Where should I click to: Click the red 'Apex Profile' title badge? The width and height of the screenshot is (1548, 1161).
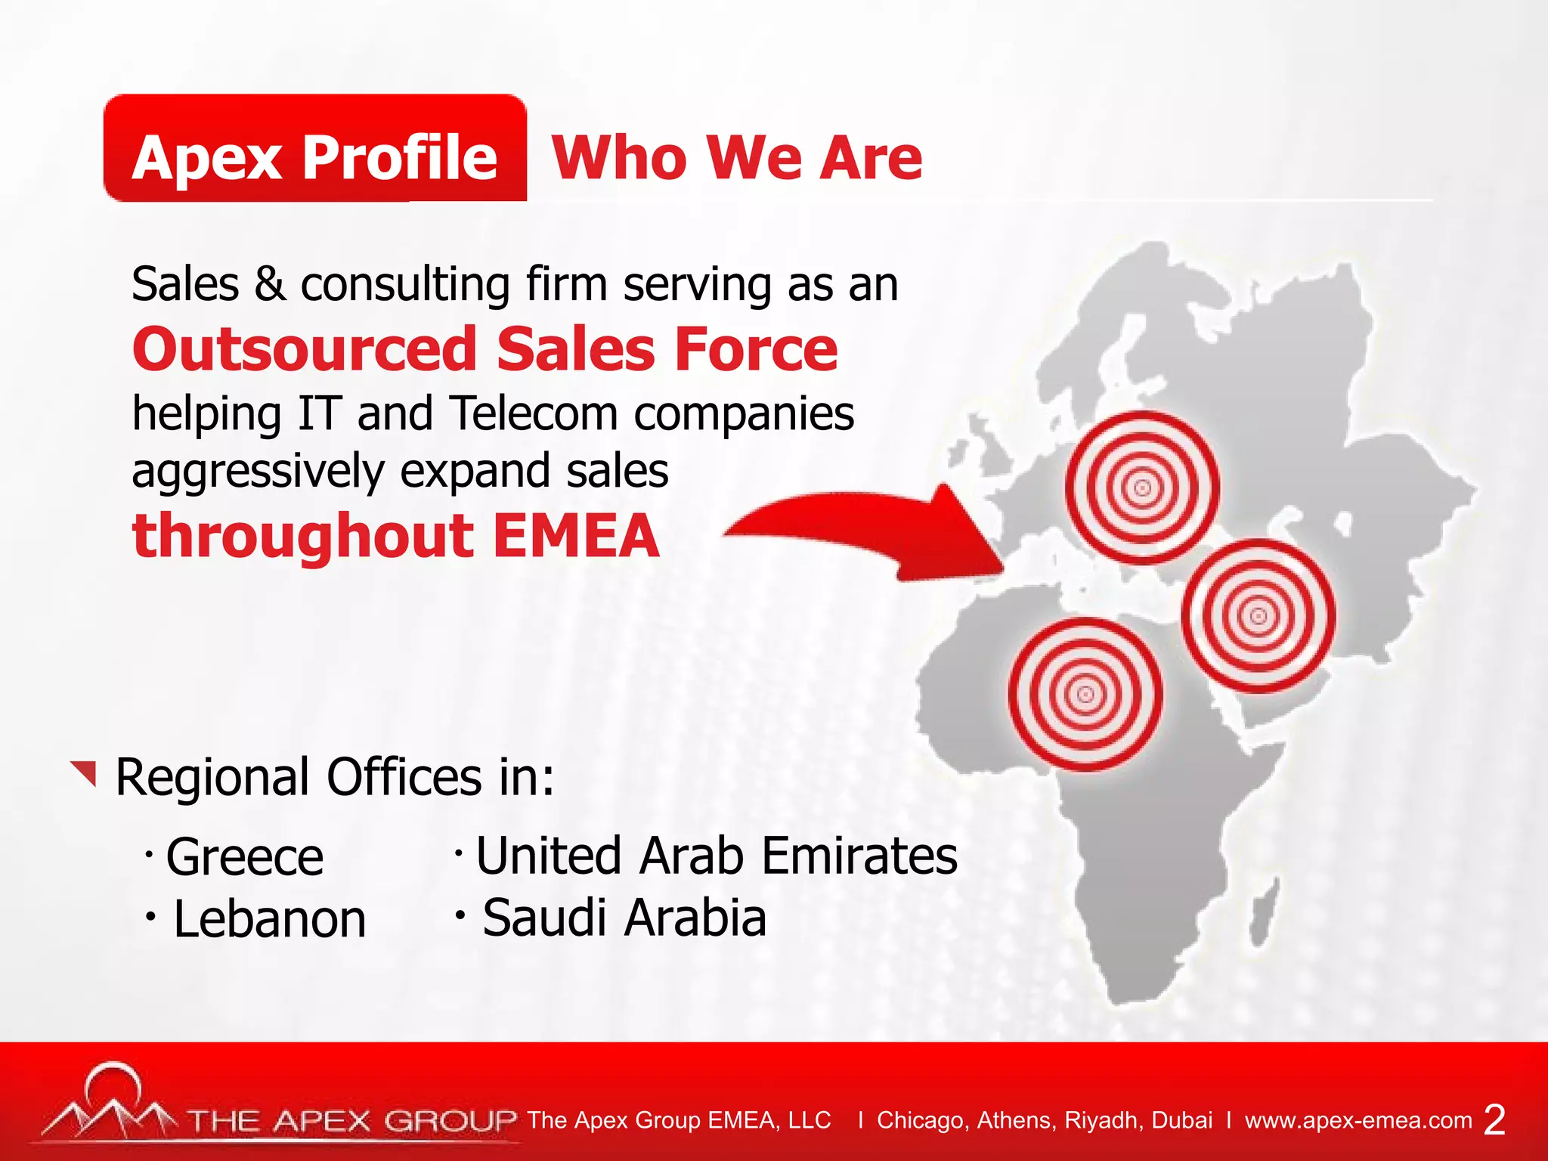click(x=314, y=149)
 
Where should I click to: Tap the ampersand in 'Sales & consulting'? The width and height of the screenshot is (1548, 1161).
click(x=269, y=284)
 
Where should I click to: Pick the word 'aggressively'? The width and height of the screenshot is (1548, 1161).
click(x=257, y=472)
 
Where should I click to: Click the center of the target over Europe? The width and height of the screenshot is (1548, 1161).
click(x=1142, y=488)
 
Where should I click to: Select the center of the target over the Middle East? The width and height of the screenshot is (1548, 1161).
click(x=1259, y=616)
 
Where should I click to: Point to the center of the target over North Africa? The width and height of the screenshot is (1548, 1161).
click(x=1085, y=694)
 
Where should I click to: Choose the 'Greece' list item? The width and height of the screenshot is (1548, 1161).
click(x=244, y=857)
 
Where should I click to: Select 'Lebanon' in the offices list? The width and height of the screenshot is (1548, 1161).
click(x=269, y=919)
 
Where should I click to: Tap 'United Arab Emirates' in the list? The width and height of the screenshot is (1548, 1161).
click(x=716, y=856)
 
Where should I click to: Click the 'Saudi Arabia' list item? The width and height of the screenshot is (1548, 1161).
click(x=624, y=918)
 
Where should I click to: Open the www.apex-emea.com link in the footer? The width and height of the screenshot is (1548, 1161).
click(x=1358, y=1119)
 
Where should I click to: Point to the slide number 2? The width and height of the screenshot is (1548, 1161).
click(x=1494, y=1119)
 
